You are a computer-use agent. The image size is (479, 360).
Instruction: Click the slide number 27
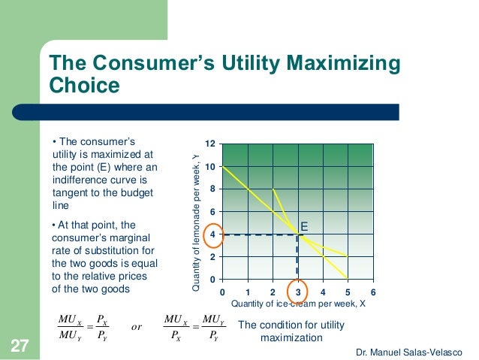(x=19, y=346)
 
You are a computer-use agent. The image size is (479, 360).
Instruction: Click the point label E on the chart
(x=305, y=225)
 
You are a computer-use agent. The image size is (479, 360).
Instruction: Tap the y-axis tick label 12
(x=211, y=143)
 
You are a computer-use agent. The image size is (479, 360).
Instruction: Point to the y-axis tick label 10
(x=211, y=166)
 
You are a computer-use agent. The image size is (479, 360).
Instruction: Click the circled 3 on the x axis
(x=298, y=292)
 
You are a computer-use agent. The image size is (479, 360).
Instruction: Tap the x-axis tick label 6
(x=373, y=292)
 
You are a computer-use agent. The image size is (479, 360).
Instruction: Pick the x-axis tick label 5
(x=348, y=292)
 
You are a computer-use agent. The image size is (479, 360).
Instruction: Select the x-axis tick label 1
(x=248, y=292)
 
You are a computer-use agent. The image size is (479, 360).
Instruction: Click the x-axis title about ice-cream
(x=298, y=304)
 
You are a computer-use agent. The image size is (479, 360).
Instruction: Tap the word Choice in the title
(x=84, y=86)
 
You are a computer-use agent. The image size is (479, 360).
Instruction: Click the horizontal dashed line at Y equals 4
(x=259, y=235)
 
